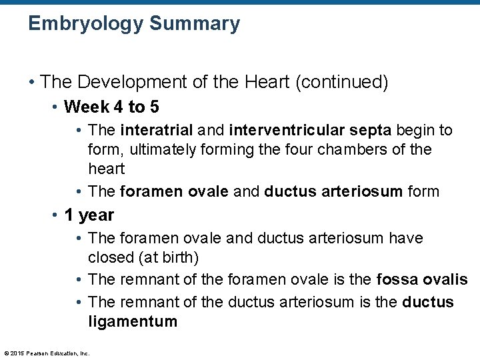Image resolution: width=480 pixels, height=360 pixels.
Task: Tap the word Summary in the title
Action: tap(195, 24)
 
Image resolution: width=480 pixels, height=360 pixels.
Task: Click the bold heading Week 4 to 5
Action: tap(112, 107)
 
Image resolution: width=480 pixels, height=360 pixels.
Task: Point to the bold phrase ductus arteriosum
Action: tap(333, 191)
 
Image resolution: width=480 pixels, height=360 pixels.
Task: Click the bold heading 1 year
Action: tap(89, 215)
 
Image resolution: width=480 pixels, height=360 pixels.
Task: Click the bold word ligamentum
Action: tap(133, 322)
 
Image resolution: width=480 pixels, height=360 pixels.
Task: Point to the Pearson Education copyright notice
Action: tap(47, 353)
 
